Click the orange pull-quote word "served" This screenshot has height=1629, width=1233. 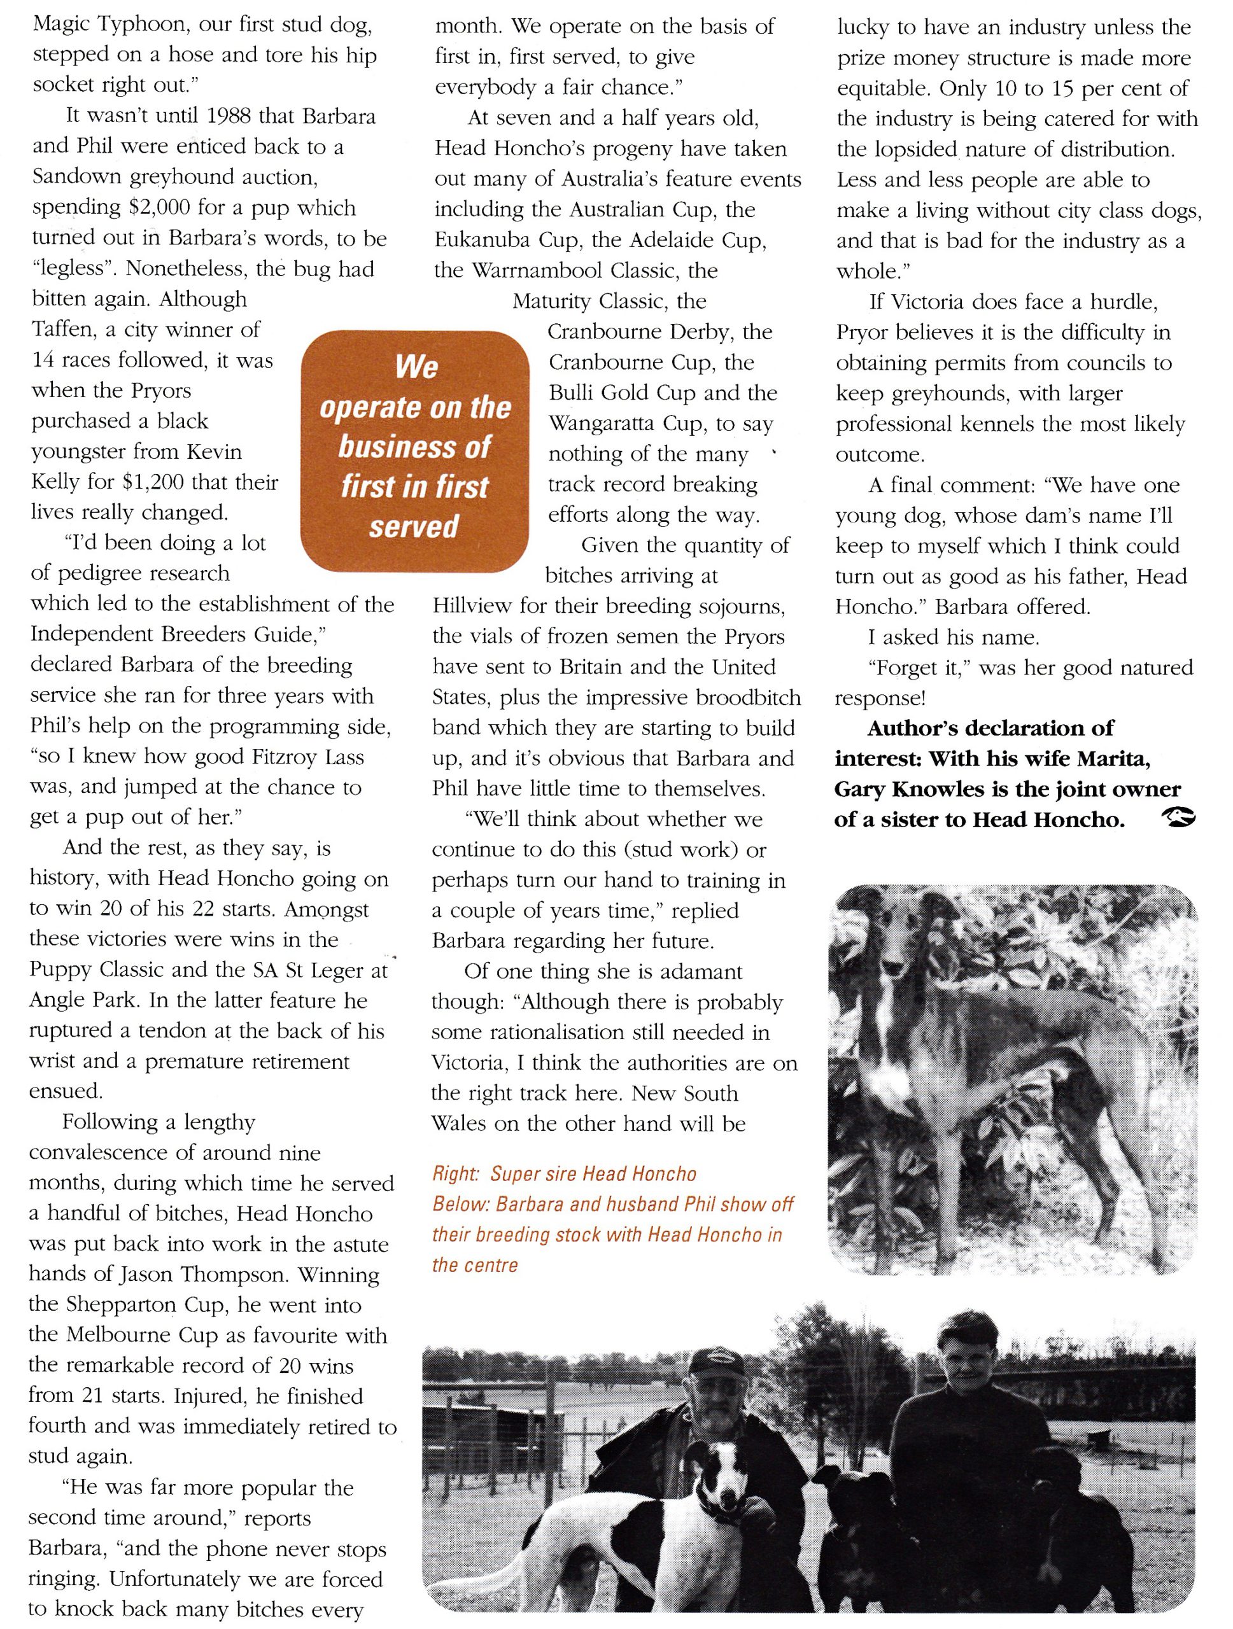[x=414, y=526]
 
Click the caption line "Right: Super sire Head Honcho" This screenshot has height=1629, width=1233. [x=564, y=1173]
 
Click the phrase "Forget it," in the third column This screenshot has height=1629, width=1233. [x=910, y=668]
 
